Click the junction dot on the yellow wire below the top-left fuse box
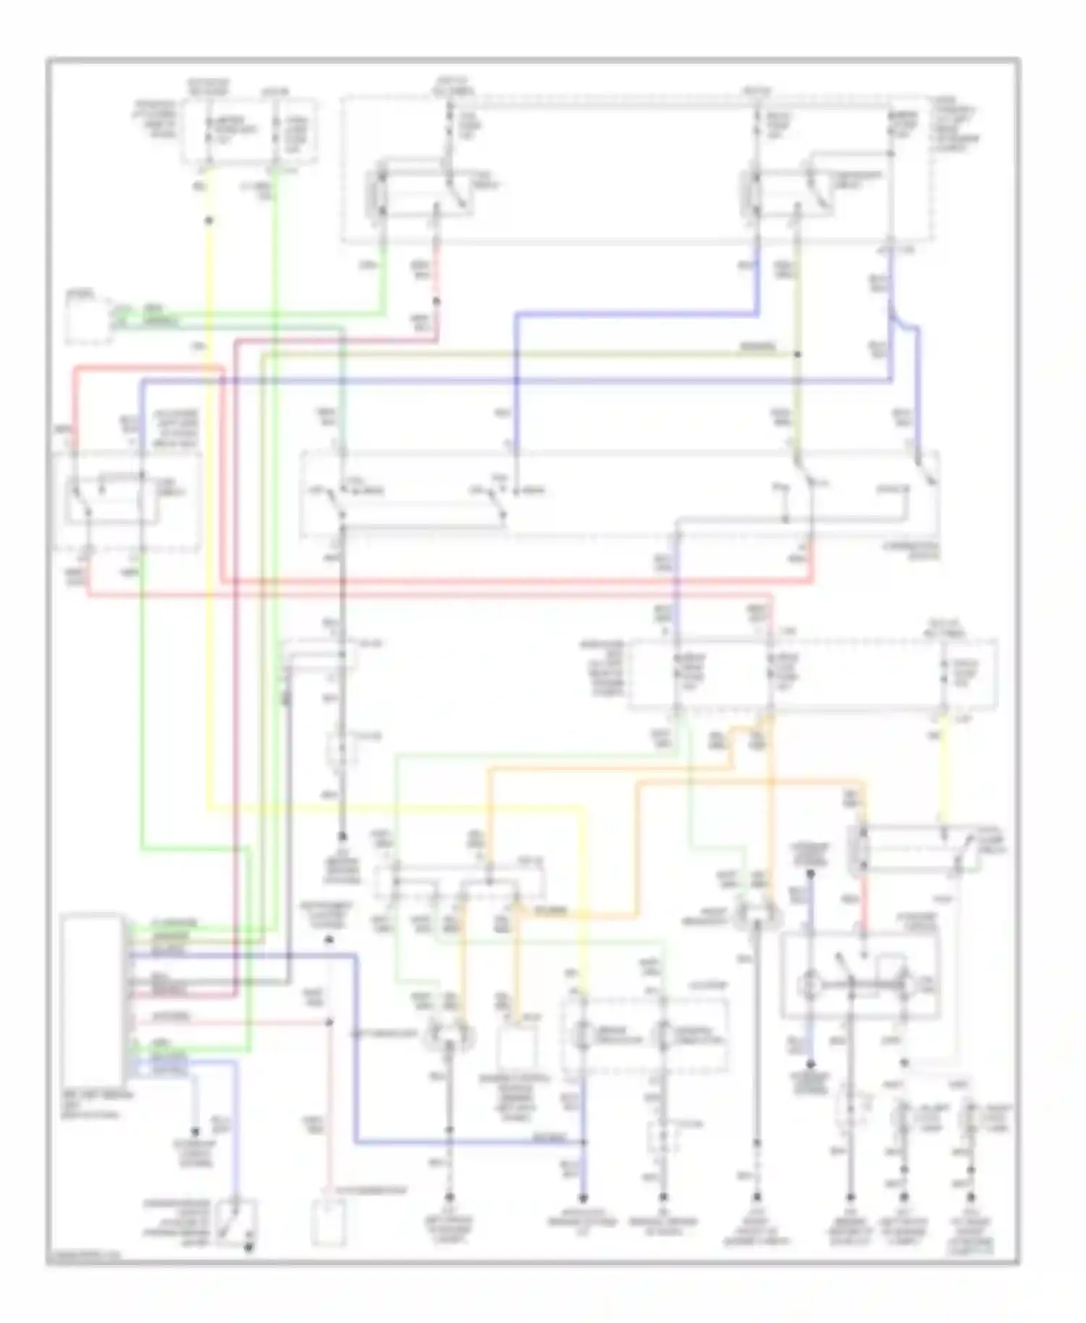pos(209,220)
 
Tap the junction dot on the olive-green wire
pos(797,355)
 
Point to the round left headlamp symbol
pos(449,1035)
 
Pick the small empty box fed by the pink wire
pos(329,1222)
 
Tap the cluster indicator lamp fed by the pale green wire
pos(662,1036)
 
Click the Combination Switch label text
pos(914,551)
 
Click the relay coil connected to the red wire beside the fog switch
pos(862,848)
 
